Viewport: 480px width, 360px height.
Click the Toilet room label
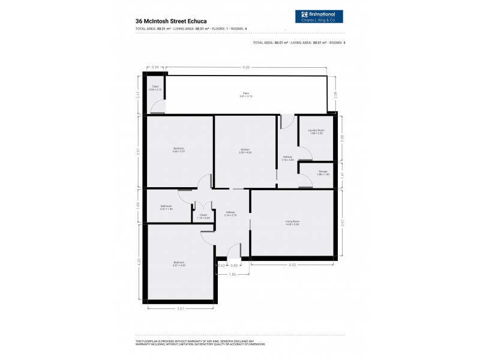click(155, 87)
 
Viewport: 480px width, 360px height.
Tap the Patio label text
click(246, 94)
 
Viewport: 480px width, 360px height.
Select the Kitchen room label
click(245, 149)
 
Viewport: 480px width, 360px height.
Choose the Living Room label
click(292, 223)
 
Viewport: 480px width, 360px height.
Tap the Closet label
click(203, 216)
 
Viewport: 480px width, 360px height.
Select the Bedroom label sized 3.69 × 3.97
click(179, 149)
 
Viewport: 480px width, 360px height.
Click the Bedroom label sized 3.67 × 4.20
click(179, 263)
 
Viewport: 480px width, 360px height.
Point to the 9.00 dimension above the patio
click(246, 67)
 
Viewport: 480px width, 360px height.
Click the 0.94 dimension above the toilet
click(155, 67)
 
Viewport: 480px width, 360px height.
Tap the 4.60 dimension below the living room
click(292, 265)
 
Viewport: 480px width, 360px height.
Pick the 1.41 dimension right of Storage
click(341, 175)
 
